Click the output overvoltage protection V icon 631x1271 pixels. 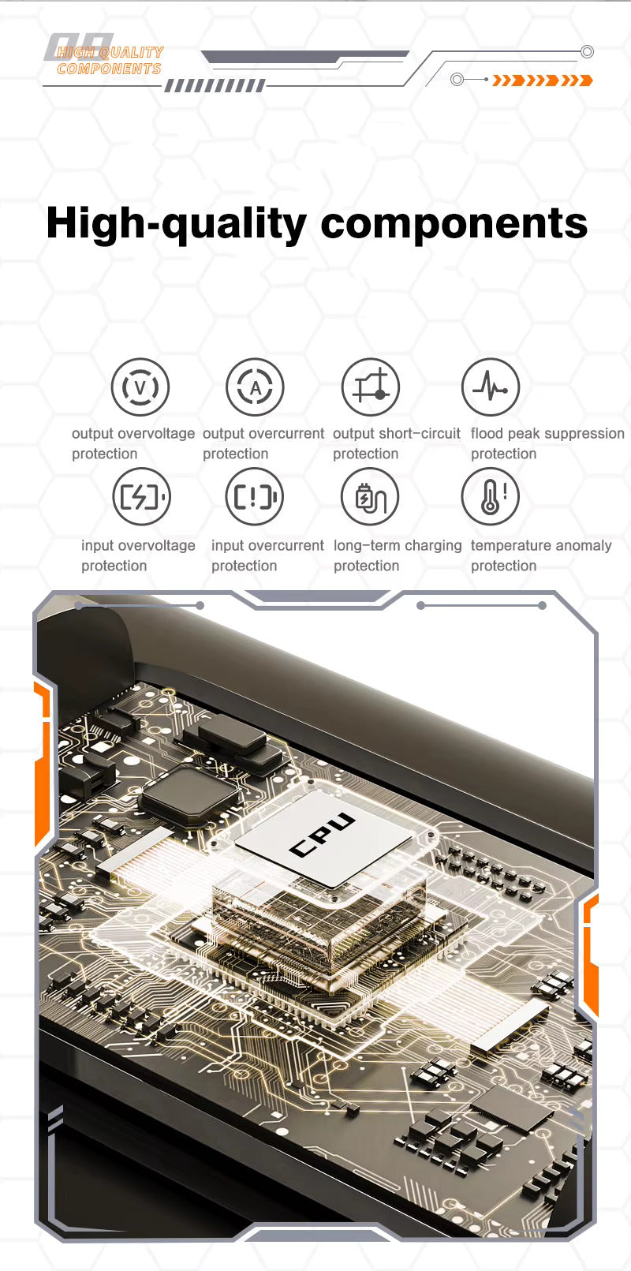pyautogui.click(x=140, y=387)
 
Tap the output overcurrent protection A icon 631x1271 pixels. pyautogui.click(x=255, y=387)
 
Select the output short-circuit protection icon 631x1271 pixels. pyautogui.click(x=371, y=387)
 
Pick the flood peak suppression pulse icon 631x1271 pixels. pyautogui.click(x=491, y=387)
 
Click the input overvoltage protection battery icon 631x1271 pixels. pyautogui.click(x=141, y=496)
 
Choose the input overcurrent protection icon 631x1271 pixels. pyautogui.click(x=254, y=496)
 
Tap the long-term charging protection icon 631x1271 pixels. pyautogui.click(x=370, y=496)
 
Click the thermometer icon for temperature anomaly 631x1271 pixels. pyautogui.click(x=491, y=496)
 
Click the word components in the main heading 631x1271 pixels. pyautogui.click(x=454, y=223)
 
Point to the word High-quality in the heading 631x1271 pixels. pyautogui.click(x=177, y=224)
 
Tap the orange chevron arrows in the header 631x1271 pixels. pyautogui.click(x=543, y=80)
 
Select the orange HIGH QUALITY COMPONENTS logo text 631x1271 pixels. pyautogui.click(x=110, y=61)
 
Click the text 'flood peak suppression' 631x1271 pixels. pyautogui.click(x=547, y=433)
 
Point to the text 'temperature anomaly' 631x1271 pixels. pyautogui.click(x=541, y=546)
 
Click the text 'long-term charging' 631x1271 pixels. pyautogui.click(x=398, y=546)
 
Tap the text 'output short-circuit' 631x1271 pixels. pyautogui.click(x=397, y=433)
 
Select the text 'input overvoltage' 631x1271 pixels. pyautogui.click(x=138, y=546)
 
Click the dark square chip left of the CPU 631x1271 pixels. pyautogui.click(x=190, y=793)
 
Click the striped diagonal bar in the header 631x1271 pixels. pyautogui.click(x=215, y=86)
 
